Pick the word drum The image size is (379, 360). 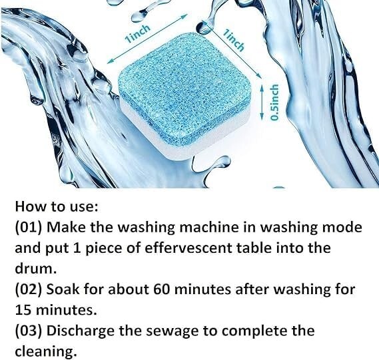click(32, 269)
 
